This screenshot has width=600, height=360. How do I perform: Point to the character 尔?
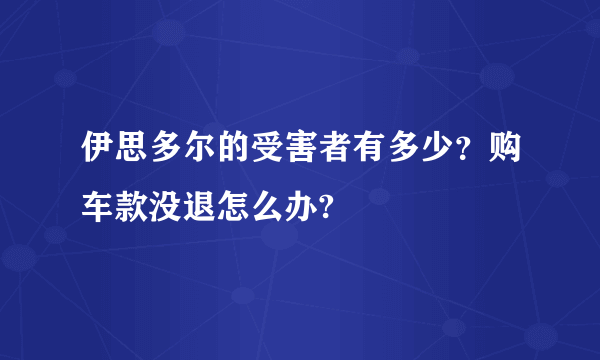coord(188,150)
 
